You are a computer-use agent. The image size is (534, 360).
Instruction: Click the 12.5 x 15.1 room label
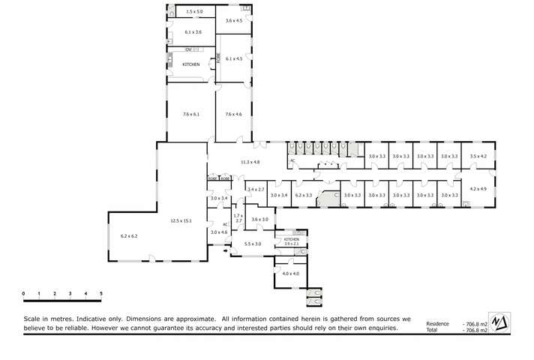pos(181,220)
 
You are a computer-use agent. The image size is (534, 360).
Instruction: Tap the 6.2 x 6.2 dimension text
pos(129,236)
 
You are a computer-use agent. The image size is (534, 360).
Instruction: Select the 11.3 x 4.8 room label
pos(250,162)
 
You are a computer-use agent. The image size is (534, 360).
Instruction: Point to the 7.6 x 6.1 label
pos(190,114)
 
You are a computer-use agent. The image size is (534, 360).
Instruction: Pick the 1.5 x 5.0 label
pos(194,12)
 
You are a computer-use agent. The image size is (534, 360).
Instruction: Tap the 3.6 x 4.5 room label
pos(234,21)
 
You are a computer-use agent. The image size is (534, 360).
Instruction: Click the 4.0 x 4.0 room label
pos(290,274)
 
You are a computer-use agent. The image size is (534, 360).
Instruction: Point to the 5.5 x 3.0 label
pos(253,244)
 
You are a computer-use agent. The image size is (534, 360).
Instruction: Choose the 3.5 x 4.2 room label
pos(478,156)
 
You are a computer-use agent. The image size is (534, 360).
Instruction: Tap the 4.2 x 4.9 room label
pos(478,189)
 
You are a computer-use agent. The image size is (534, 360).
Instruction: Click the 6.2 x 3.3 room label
pos(303,195)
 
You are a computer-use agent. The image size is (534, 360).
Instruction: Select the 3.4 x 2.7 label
pos(256,190)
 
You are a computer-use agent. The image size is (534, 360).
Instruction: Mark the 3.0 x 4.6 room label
pos(218,232)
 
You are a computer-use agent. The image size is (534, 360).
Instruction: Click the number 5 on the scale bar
pos(101,293)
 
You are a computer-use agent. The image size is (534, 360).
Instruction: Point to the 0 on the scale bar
pos(23,293)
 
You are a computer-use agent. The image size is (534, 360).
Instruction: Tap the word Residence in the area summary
pos(436,324)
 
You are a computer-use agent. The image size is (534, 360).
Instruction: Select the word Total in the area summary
pos(431,330)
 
